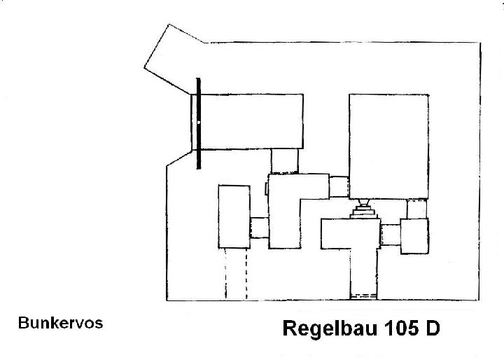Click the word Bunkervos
(60, 323)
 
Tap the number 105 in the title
(402, 328)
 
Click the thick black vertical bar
(199, 123)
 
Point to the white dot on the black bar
(199, 123)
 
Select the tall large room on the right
(388, 146)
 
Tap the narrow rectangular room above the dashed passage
(234, 216)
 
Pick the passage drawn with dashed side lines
(236, 273)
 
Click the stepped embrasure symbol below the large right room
(363, 209)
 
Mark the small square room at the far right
(414, 236)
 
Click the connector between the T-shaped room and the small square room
(391, 235)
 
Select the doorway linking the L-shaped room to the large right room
(339, 186)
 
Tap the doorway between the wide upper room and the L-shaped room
(284, 162)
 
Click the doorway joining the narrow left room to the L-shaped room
(259, 228)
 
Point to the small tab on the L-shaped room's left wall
(267, 188)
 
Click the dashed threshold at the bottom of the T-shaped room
(363, 297)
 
